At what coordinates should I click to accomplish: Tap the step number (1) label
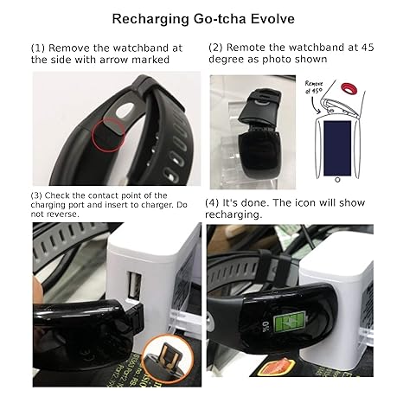pyautogui.click(x=39, y=48)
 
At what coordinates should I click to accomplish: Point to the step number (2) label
pyautogui.click(x=217, y=48)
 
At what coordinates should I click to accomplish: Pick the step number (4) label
pyautogui.click(x=213, y=202)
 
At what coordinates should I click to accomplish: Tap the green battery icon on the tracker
pyautogui.click(x=284, y=328)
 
